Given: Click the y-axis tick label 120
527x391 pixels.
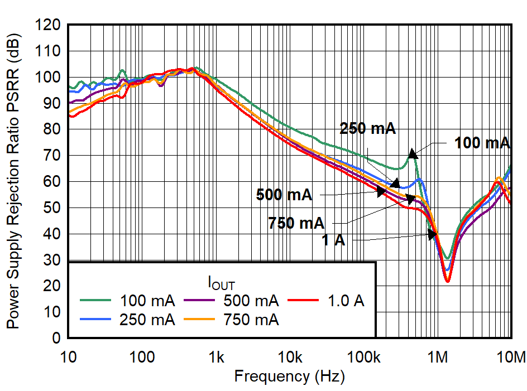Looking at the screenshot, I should click(x=49, y=25).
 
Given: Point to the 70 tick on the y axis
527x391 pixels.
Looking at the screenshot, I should click(x=53, y=156).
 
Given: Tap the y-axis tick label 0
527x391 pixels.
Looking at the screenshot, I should click(x=57, y=339).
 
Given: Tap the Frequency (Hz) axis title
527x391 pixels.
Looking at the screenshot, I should click(x=289, y=376).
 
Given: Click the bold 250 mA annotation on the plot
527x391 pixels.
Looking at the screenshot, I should click(x=367, y=129).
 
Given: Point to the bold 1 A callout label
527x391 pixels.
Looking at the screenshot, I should click(x=333, y=241).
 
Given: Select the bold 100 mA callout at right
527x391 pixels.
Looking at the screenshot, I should click(x=482, y=143).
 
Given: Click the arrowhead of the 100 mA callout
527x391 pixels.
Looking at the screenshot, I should click(x=412, y=153).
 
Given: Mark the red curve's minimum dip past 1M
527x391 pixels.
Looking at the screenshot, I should click(x=447, y=281).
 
